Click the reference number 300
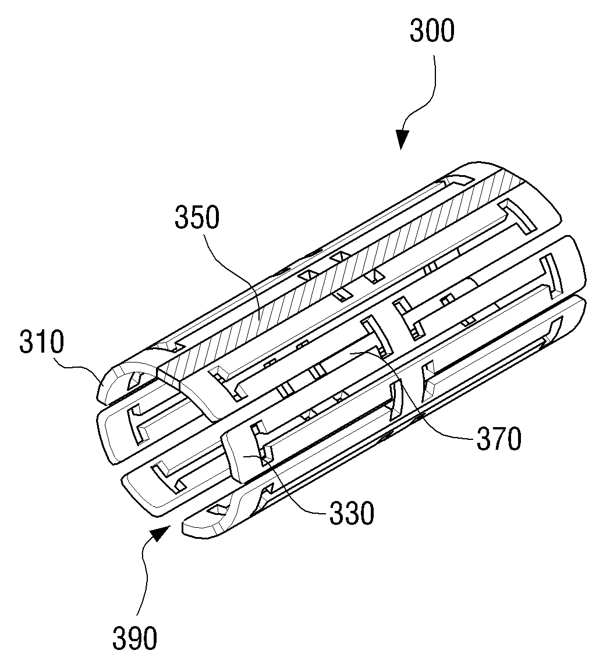click(432, 31)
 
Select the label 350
click(197, 218)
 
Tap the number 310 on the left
click(41, 342)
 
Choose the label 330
click(352, 513)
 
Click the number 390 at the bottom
click(135, 638)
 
